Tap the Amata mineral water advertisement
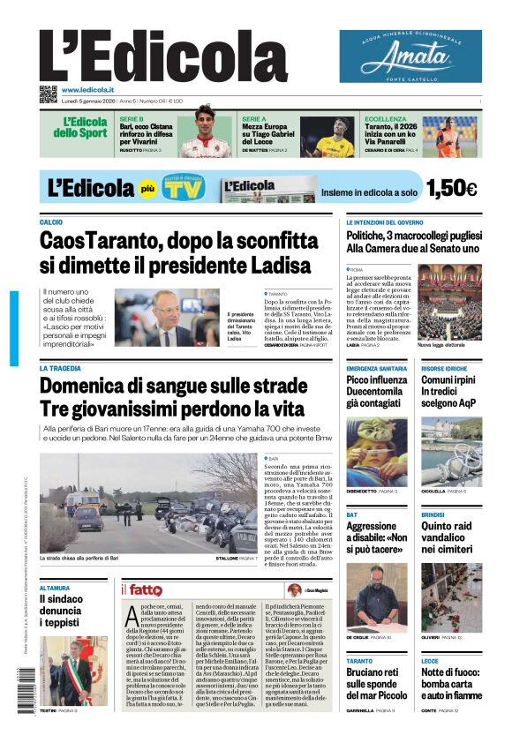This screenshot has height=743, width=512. coord(410,56)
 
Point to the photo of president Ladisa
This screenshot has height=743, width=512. coord(167,318)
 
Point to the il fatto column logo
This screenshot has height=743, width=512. coord(141,589)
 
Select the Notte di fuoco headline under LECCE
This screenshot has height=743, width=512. coord(451,683)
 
